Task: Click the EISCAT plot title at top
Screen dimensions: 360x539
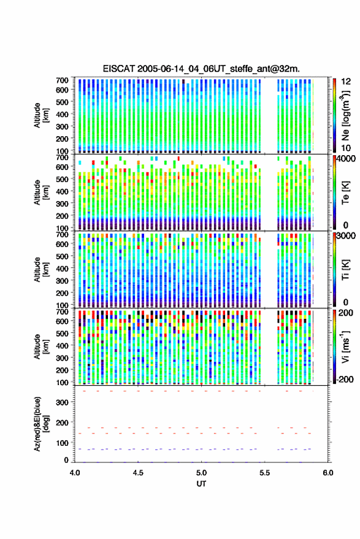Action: [x=201, y=69]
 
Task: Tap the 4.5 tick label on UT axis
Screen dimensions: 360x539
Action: [x=138, y=473]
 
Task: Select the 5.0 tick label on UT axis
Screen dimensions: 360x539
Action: [x=202, y=473]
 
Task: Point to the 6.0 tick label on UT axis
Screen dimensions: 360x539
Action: [x=328, y=473]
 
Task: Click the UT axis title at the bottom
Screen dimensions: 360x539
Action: [x=202, y=484]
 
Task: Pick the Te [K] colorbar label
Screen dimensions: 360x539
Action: [x=345, y=193]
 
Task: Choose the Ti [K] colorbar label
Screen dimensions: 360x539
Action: [x=345, y=270]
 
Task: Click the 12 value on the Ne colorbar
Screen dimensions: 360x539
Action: [x=346, y=82]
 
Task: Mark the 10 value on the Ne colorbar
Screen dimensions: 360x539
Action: [x=346, y=148]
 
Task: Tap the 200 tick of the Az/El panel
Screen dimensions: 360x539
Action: [x=62, y=422]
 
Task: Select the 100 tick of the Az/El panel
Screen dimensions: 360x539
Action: [x=62, y=443]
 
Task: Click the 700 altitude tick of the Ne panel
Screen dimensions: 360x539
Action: [x=62, y=80]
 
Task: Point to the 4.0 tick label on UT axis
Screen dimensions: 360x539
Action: [x=75, y=473]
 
